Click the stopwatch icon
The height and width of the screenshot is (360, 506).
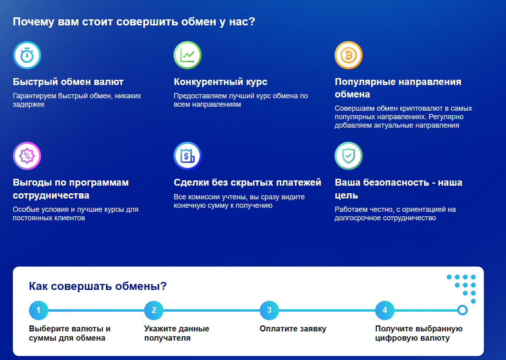click(x=27, y=55)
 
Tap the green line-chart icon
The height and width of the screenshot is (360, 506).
click(x=188, y=55)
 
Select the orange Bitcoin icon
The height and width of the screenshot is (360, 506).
click(x=349, y=55)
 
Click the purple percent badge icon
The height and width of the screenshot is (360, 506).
click(x=27, y=156)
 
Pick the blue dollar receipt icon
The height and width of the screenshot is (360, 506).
click(x=188, y=156)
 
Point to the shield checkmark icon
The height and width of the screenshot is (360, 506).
click(x=349, y=156)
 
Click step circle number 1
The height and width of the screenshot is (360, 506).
click(x=39, y=310)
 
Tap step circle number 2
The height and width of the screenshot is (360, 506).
click(x=154, y=310)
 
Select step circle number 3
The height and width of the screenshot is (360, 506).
click(x=269, y=310)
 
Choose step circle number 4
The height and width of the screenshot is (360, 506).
click(x=385, y=310)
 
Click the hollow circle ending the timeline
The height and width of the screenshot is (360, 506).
click(x=463, y=305)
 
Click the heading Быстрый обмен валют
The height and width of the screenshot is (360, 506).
click(x=68, y=82)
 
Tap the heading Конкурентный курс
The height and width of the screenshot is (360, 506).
click(x=221, y=82)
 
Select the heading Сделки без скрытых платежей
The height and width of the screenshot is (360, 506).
click(x=247, y=182)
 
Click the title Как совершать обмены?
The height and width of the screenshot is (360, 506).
click(x=98, y=286)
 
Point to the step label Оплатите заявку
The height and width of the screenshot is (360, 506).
click(x=293, y=329)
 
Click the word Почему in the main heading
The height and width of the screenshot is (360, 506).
click(x=33, y=22)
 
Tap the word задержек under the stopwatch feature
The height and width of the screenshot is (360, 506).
click(x=29, y=104)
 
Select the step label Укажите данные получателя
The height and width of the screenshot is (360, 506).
click(x=177, y=333)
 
